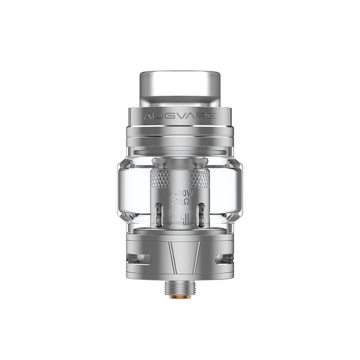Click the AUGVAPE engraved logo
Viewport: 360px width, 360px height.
(180, 116)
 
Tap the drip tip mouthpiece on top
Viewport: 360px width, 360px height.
(180, 85)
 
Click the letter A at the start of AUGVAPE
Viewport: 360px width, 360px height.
(148, 116)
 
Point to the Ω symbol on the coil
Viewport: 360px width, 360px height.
(186, 202)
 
